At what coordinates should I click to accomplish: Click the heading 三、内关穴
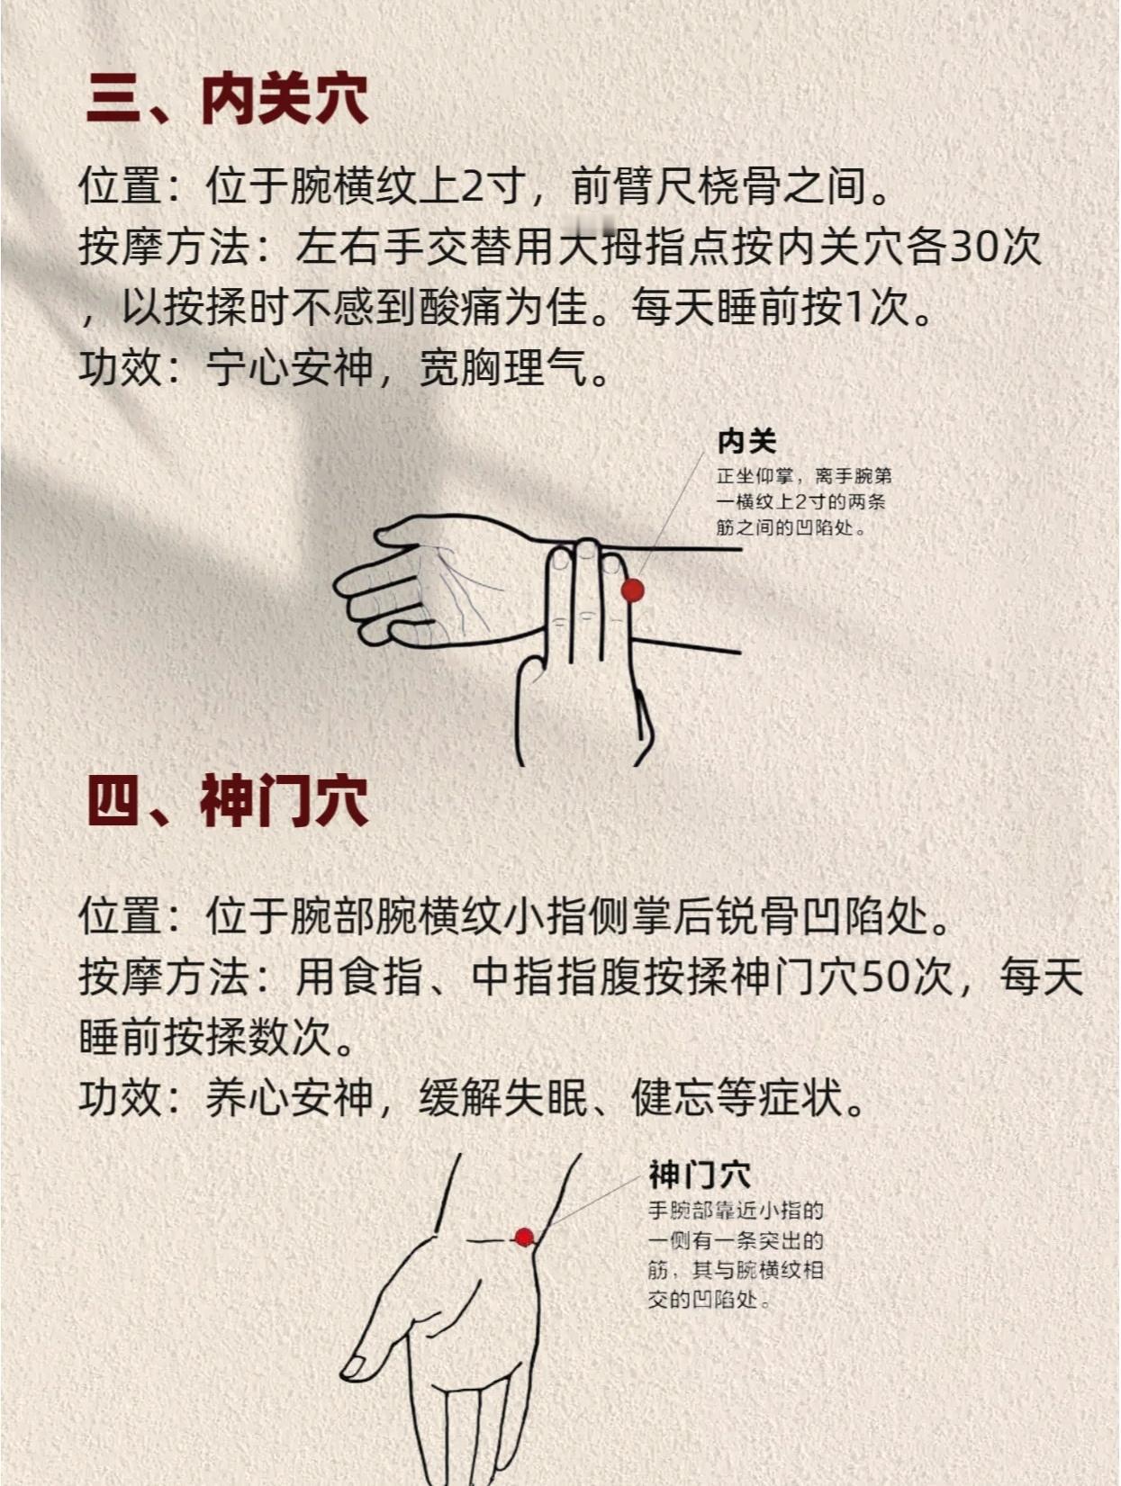(228, 100)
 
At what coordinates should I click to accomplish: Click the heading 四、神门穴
(228, 802)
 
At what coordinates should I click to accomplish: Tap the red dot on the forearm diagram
(632, 590)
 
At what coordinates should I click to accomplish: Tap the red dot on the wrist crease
(524, 1238)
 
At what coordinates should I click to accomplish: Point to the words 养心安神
(290, 1097)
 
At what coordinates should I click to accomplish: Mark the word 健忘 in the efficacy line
(674, 1097)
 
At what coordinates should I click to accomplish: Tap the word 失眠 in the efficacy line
(547, 1097)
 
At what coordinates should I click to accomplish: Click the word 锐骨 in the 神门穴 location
(758, 916)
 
